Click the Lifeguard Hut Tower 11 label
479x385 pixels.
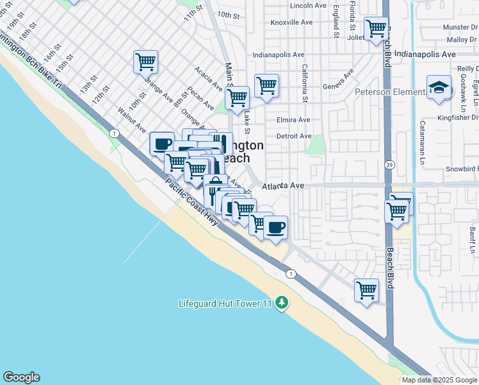click(225, 302)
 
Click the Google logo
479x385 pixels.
click(21, 377)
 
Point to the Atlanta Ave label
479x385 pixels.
click(282, 185)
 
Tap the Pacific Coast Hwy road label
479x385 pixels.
click(192, 201)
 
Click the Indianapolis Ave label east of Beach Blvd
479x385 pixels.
click(425, 55)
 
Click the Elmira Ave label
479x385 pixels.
click(293, 120)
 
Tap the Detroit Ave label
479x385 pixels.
click(294, 136)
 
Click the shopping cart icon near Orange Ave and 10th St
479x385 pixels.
click(145, 62)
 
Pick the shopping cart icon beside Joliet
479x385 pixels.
click(376, 29)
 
